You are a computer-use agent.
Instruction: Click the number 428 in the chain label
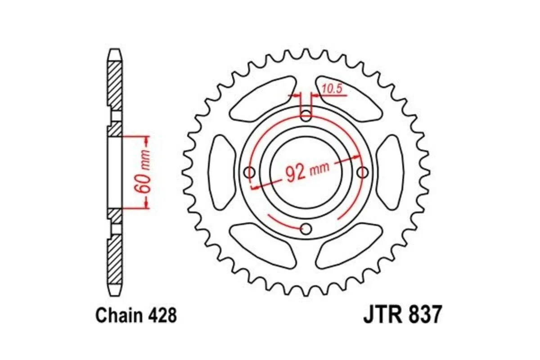click(161, 316)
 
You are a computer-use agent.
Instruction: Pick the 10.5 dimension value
click(333, 89)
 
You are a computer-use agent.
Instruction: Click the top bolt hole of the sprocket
click(306, 116)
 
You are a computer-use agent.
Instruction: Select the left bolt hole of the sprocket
click(249, 172)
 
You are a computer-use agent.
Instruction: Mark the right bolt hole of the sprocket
click(363, 172)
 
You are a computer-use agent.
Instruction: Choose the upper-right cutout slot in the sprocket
click(349, 100)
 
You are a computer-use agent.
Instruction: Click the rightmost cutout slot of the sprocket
click(390, 172)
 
